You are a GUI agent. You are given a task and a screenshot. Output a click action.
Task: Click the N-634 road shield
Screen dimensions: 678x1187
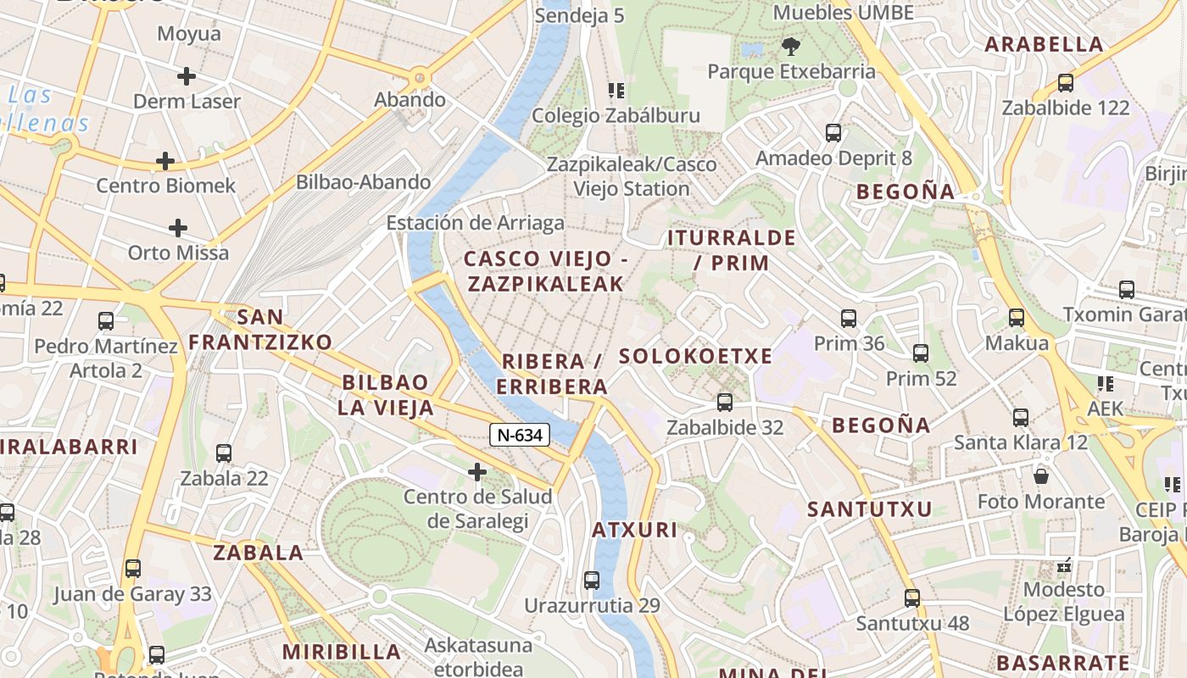click(520, 435)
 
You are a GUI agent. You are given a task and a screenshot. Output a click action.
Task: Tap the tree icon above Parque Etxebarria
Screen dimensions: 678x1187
click(791, 46)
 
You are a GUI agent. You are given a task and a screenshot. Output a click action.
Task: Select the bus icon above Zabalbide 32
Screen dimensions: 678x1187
click(724, 403)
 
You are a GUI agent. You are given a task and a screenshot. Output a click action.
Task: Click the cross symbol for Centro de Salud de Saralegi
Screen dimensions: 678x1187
click(477, 471)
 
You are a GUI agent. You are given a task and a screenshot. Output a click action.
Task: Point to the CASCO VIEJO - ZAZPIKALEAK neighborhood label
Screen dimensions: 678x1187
click(545, 271)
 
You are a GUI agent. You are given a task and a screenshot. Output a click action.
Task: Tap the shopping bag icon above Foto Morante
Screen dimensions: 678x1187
click(1041, 476)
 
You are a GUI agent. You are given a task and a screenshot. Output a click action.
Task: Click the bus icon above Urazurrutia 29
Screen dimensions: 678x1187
click(592, 581)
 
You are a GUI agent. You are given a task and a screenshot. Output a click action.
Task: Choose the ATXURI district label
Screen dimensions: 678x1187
click(634, 531)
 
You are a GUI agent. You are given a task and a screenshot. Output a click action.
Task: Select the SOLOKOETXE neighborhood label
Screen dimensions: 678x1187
click(695, 356)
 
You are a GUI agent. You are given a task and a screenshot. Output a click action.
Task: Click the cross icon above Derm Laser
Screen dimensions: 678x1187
click(187, 76)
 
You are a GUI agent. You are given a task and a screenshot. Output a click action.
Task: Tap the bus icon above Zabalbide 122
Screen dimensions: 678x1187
click(1066, 83)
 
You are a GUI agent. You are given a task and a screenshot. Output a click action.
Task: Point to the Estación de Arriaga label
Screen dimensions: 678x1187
click(475, 223)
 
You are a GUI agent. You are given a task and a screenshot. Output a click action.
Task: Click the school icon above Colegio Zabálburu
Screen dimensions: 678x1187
click(616, 90)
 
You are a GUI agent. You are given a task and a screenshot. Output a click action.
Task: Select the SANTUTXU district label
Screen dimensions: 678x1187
click(869, 509)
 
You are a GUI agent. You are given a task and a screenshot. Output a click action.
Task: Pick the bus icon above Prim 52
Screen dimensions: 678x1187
click(921, 353)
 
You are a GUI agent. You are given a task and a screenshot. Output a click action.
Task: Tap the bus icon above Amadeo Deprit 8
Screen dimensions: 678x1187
click(833, 133)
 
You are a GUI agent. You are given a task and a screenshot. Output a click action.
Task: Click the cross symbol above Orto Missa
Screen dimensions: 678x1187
click(178, 228)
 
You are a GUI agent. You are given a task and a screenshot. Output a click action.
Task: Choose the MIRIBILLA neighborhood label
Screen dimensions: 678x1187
click(342, 652)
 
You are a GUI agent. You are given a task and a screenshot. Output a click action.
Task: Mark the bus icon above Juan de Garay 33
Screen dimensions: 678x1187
click(133, 569)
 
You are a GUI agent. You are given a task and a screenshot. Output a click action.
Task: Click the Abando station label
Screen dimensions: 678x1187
click(410, 100)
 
